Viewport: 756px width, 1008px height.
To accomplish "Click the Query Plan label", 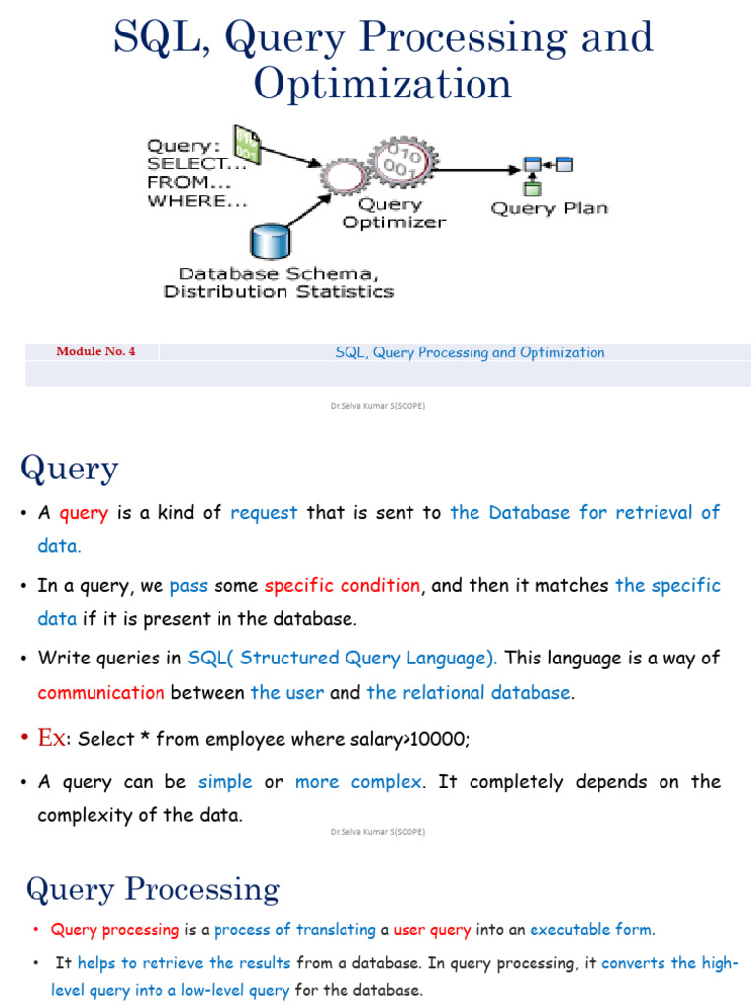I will pos(549,208).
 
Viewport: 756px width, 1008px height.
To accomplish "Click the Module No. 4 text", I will pos(95,351).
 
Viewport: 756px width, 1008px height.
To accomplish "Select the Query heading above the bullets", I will pos(69,468).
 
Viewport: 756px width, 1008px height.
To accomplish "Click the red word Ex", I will pos(50,737).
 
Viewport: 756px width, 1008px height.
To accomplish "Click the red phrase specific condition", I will pos(343,585).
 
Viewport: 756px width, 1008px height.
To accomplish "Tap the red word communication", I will pos(101,692).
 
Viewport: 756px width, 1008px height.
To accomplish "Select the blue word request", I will pos(264,512).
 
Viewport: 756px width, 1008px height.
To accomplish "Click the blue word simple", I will pos(225,781).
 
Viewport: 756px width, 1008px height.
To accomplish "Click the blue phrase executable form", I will pos(590,929).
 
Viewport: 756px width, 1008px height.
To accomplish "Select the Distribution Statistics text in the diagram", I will pos(279,291).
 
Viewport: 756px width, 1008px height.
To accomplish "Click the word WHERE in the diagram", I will pos(184,200).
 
